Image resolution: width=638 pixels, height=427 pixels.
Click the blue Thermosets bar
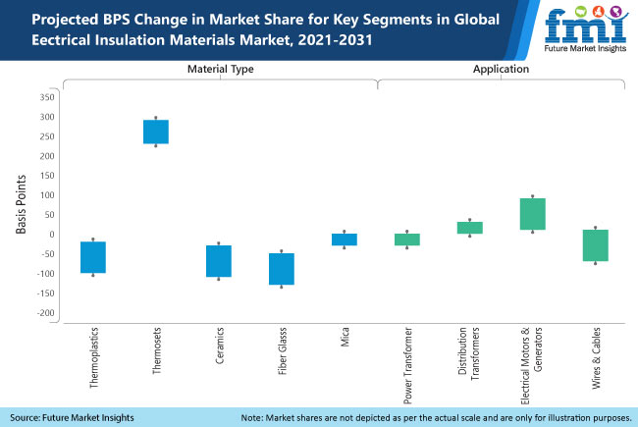156,132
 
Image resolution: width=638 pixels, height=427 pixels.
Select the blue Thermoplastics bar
93,257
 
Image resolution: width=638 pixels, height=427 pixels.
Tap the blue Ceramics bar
219,261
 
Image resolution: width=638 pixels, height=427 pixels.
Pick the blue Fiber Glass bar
282,269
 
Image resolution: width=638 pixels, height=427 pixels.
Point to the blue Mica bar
345,240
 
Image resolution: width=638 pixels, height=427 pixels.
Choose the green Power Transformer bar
407,240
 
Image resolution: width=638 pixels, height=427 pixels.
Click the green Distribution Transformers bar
470,228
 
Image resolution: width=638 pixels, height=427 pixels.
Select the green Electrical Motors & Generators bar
533,214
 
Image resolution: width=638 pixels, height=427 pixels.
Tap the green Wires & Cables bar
596,245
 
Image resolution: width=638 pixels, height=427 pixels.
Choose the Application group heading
501,70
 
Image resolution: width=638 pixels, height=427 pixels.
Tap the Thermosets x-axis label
157,354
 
